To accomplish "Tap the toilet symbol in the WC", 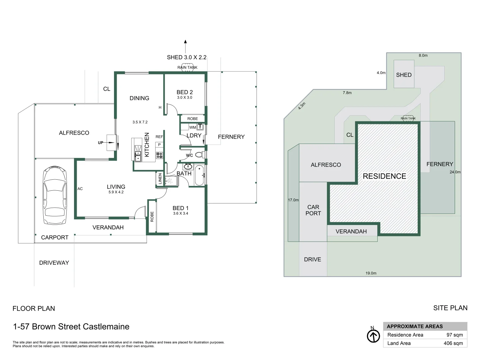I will [x=199, y=155].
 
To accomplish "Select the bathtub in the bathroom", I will [x=200, y=175].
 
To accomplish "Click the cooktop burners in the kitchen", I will [x=159, y=155].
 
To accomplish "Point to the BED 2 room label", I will [x=185, y=92].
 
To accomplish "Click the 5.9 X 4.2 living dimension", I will [x=116, y=192].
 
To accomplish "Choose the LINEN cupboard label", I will [x=160, y=179].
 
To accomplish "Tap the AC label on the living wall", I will [x=80, y=189].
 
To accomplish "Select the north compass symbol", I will [x=373, y=336].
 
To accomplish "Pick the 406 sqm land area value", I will [x=453, y=343].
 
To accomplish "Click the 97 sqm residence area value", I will [x=455, y=335].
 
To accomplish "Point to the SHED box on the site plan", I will [x=404, y=75].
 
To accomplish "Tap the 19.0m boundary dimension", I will [x=371, y=273].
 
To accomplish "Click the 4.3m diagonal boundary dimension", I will [x=302, y=106].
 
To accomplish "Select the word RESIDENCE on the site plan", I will [x=384, y=176].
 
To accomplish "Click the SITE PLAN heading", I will [x=450, y=308].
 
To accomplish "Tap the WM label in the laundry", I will [x=192, y=127].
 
